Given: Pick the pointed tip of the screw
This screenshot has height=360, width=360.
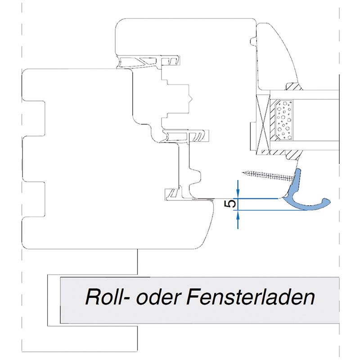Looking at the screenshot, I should point(243,171).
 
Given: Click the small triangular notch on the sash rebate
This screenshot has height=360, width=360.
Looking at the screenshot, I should point(192,97).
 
